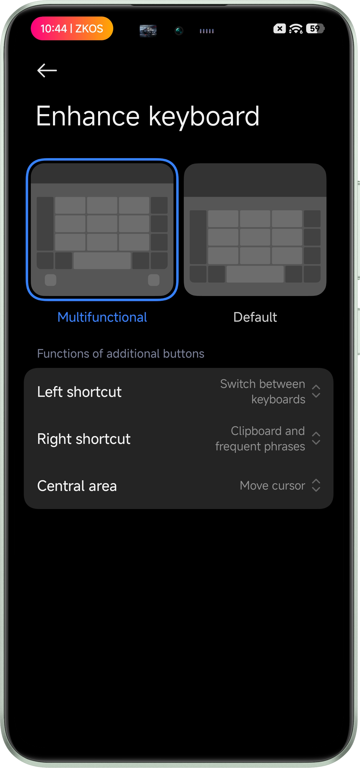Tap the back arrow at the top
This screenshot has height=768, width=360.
(x=47, y=70)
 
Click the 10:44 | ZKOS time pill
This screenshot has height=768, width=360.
(x=72, y=28)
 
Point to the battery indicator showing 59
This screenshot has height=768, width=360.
(x=315, y=29)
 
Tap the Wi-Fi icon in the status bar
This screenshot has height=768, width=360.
(x=296, y=29)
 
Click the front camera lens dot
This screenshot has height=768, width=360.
(x=179, y=30)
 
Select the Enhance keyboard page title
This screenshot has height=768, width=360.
(x=148, y=116)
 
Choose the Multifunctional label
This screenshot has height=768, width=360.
(x=102, y=317)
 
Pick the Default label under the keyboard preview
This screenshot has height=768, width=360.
(x=255, y=317)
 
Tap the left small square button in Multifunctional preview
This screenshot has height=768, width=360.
(x=51, y=280)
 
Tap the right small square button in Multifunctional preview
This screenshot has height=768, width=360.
(x=154, y=280)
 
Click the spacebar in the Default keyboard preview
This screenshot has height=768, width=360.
(x=255, y=274)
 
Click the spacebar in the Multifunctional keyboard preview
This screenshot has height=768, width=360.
(x=102, y=261)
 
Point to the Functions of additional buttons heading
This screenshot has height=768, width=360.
(x=121, y=353)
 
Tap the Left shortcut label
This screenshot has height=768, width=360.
(x=79, y=392)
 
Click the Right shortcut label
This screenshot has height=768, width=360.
(x=84, y=439)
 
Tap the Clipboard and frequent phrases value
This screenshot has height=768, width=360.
(x=260, y=438)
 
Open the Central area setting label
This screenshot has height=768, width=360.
(x=77, y=486)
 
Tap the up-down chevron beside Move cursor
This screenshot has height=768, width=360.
(x=316, y=485)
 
